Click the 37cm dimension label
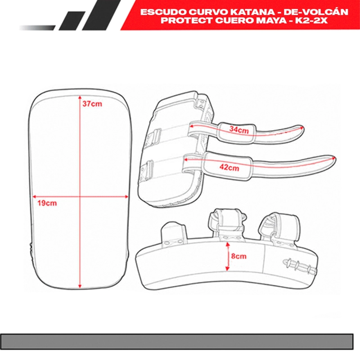pyautogui.click(x=92, y=104)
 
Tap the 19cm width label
pyautogui.click(x=47, y=203)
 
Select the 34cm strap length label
pyautogui.click(x=239, y=130)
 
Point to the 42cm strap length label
pyautogui.click(x=229, y=167)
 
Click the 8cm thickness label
pyautogui.click(x=239, y=256)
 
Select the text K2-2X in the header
pyautogui.click(x=311, y=20)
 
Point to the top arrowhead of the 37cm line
pyautogui.click(x=80, y=97)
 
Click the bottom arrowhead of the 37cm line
pyautogui.click(x=80, y=286)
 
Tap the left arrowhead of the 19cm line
pyautogui.click(x=35, y=197)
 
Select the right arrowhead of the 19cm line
pyautogui.click(x=126, y=197)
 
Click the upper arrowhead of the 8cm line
pyautogui.click(x=228, y=244)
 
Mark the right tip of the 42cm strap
pyautogui.click(x=335, y=158)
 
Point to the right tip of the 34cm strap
pyautogui.click(x=303, y=127)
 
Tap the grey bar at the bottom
pyautogui.click(x=176, y=342)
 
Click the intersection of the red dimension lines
pyautogui.click(x=80, y=197)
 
